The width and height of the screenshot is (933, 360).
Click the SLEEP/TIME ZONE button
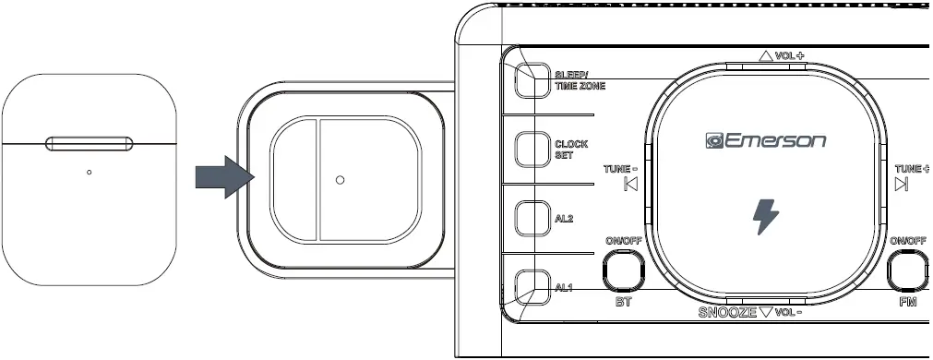(x=530, y=80)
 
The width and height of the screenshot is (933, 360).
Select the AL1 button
(x=530, y=286)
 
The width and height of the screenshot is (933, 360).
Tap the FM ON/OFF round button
(x=910, y=272)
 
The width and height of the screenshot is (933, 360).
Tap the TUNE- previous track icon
(x=631, y=184)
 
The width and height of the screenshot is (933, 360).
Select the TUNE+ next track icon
(x=901, y=184)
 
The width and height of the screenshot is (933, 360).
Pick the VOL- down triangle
(x=765, y=312)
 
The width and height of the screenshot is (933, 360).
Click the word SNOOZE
(x=727, y=312)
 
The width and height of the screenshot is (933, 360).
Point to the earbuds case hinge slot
(x=90, y=143)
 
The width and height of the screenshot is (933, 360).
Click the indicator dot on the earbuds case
(x=90, y=172)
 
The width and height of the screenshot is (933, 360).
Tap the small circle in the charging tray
(x=341, y=180)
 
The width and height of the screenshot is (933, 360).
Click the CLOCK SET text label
(x=570, y=150)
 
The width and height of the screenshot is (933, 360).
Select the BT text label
(x=623, y=303)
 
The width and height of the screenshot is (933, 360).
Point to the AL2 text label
(x=564, y=219)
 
